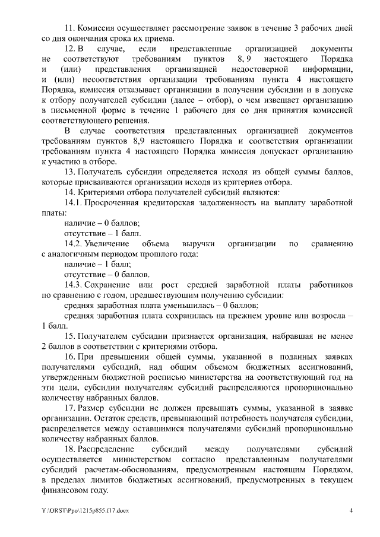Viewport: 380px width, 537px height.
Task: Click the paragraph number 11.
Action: (x=69, y=28)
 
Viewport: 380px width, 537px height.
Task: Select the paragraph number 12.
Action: (x=69, y=50)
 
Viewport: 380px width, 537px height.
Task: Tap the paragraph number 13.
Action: (x=69, y=171)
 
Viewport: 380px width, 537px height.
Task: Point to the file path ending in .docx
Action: (x=77, y=510)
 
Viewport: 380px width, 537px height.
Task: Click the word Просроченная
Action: (x=113, y=204)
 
